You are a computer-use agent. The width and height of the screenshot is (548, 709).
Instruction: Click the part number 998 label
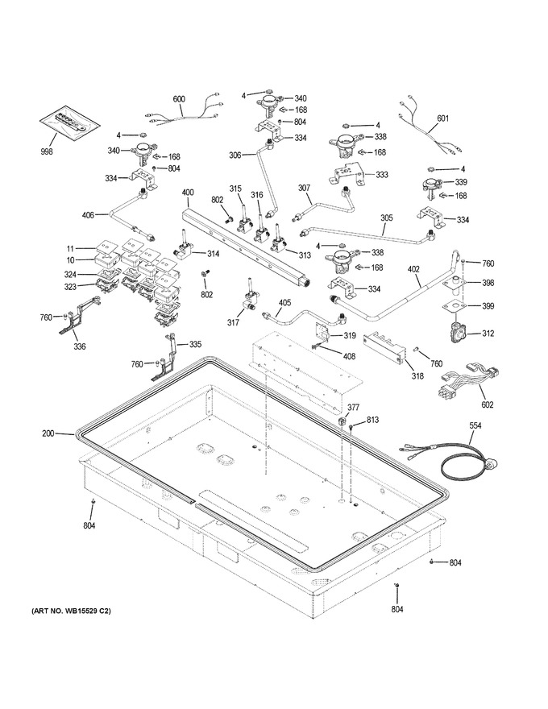[x=46, y=151]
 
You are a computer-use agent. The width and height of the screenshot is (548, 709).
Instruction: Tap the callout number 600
[x=179, y=99]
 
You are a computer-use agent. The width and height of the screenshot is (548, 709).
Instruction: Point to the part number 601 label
[x=442, y=118]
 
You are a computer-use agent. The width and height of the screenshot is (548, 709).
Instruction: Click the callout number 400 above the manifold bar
[x=188, y=193]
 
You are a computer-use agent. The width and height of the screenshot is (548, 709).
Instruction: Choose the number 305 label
[x=387, y=218]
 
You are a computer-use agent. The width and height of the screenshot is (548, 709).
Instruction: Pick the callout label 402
[x=413, y=269]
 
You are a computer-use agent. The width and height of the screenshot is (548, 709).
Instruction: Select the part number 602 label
[x=487, y=404]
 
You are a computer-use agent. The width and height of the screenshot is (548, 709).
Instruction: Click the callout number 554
[x=475, y=425]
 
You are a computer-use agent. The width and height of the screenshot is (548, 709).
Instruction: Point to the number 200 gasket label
[x=48, y=433]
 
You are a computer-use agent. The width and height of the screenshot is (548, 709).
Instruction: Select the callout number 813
[x=372, y=420]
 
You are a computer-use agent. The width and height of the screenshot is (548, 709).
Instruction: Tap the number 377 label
[x=353, y=408]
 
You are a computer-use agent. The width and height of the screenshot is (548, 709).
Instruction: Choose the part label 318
[x=417, y=375]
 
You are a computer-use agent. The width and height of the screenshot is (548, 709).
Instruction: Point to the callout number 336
[x=80, y=346]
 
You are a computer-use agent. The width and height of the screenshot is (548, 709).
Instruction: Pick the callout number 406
[x=88, y=215]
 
